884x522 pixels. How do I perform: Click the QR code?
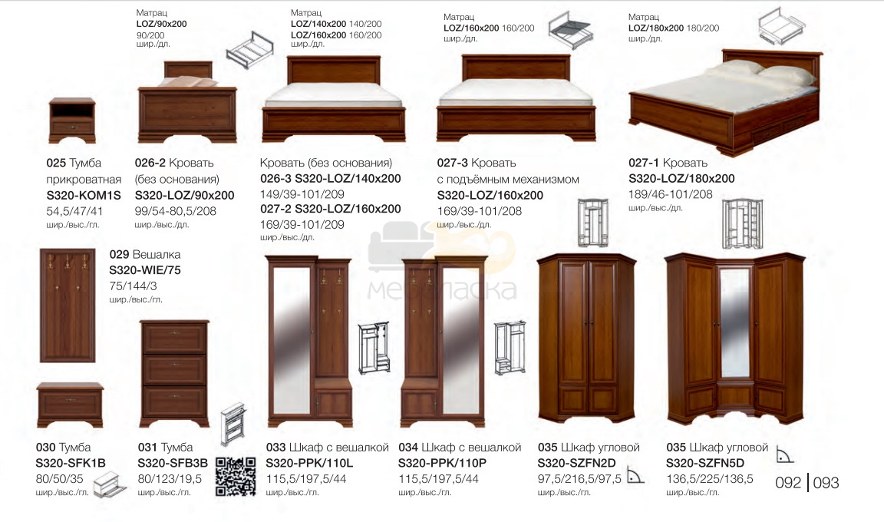coord(236,477)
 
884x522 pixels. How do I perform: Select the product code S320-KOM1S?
coord(84,196)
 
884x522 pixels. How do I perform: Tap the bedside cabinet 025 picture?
coord(71,120)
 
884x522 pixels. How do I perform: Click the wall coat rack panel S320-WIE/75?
coord(68,305)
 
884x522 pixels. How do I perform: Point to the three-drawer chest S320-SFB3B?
coord(174,374)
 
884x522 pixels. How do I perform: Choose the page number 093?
coord(826,483)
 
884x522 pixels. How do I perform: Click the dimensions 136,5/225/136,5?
coord(709,479)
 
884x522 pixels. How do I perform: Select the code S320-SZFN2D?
coord(576,464)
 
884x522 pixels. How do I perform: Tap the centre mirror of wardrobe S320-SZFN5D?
coord(734,323)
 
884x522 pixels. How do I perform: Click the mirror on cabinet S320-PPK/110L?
coord(292,339)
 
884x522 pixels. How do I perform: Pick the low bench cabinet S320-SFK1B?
coord(70,405)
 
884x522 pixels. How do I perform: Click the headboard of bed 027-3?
coord(516,68)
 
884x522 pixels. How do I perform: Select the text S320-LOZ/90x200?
coord(184,196)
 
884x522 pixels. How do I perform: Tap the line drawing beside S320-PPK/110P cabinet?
coord(510,349)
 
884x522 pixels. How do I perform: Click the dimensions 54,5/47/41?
coord(74,211)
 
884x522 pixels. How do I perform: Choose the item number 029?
coord(120,255)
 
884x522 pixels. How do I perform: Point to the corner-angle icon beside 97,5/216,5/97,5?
coord(635,477)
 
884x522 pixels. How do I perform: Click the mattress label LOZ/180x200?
coord(655,28)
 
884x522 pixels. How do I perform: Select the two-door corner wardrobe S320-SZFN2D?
coord(586,339)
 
